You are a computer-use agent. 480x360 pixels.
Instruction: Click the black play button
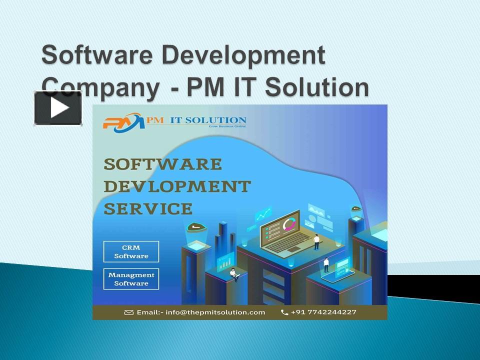click(58, 108)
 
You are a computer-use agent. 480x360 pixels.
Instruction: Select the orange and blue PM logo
click(123, 122)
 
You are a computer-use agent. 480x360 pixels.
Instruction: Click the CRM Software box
click(131, 251)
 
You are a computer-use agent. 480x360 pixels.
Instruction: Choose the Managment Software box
click(131, 279)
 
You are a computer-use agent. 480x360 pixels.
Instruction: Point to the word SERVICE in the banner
click(148, 208)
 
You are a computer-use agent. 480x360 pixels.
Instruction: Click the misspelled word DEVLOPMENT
click(177, 186)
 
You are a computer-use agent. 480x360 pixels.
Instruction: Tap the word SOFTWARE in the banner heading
click(163, 164)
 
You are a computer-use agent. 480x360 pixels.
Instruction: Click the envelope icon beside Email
click(129, 312)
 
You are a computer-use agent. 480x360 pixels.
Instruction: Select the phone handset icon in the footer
click(284, 312)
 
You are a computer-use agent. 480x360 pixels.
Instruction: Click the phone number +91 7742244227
click(325, 312)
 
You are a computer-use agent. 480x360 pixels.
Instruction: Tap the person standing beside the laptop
click(316, 242)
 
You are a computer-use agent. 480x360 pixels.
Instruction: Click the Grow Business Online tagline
click(225, 127)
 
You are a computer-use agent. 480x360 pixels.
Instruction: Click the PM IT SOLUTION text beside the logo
click(196, 120)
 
